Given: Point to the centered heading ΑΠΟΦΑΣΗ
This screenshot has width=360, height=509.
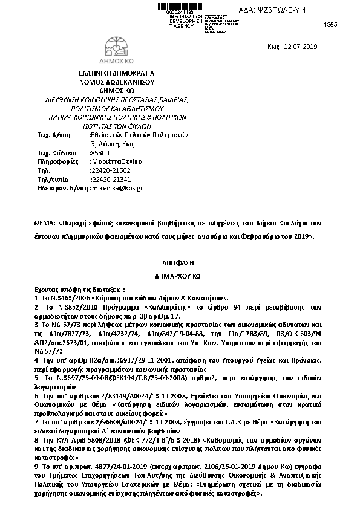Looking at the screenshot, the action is click(182, 264).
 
